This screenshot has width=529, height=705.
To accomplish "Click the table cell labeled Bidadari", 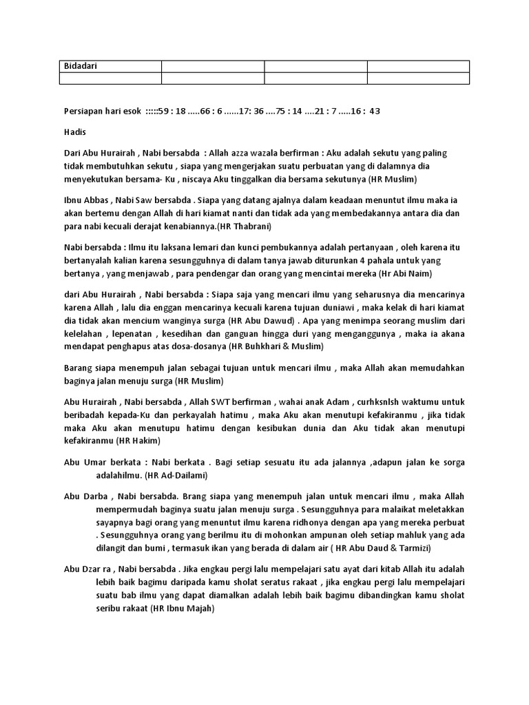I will click(x=80, y=66).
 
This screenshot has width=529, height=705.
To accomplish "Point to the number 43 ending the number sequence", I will click(x=375, y=111).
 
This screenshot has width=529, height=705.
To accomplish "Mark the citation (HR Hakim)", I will click(x=138, y=441).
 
